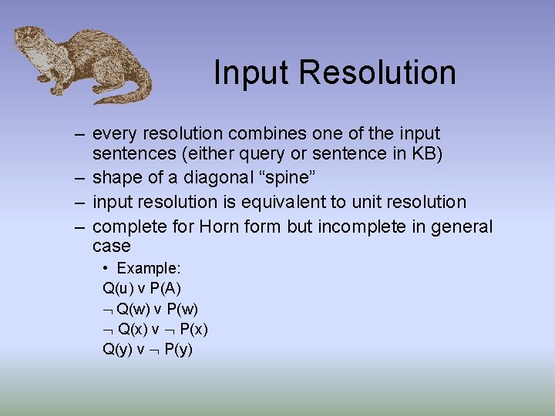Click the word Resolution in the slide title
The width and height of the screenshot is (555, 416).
[x=377, y=73]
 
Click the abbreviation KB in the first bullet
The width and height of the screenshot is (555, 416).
[x=426, y=155]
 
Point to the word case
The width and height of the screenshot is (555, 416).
[x=112, y=247]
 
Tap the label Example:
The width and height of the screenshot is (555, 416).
[x=149, y=269]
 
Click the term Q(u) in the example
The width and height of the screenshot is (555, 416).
[x=117, y=289]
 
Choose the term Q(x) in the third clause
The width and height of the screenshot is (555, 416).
[x=134, y=329]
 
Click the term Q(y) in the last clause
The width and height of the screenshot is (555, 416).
[x=117, y=349]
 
